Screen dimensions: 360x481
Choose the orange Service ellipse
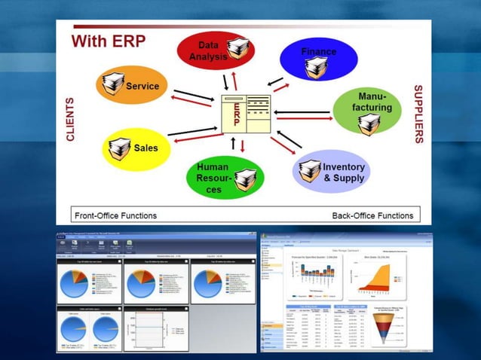click(x=131, y=84)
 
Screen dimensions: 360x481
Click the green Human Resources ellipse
click(x=222, y=178)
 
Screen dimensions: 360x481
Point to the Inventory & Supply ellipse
click(x=332, y=172)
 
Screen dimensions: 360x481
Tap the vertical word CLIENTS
click(x=70, y=119)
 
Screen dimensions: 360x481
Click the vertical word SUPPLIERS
click(x=418, y=114)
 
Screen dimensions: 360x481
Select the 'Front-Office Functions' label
click(x=115, y=215)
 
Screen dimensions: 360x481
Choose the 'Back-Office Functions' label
click(x=372, y=215)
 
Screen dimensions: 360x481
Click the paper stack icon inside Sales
click(x=119, y=149)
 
